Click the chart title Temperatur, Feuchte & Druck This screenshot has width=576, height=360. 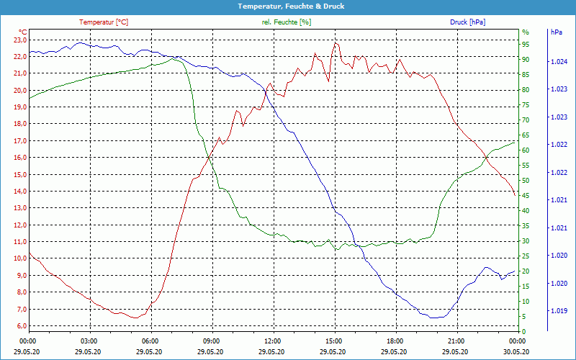click(x=288, y=6)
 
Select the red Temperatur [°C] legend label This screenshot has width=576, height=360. click(x=104, y=22)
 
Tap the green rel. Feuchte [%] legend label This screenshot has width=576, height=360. click(x=287, y=22)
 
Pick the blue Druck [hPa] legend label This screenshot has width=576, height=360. click(x=468, y=22)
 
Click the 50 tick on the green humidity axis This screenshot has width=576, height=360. click(x=526, y=181)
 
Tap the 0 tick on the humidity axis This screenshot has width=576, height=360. click(x=524, y=332)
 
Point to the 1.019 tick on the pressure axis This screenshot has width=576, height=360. click(x=558, y=311)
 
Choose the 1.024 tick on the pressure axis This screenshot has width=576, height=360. click(x=558, y=62)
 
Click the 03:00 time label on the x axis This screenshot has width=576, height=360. click(x=89, y=341)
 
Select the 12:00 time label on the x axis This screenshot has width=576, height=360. click(x=273, y=341)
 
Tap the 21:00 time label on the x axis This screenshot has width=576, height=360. click(x=456, y=341)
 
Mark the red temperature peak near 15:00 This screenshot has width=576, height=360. click(x=335, y=42)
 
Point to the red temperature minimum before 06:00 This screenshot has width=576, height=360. click(x=135, y=318)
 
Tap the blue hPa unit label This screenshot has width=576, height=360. click(x=557, y=32)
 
